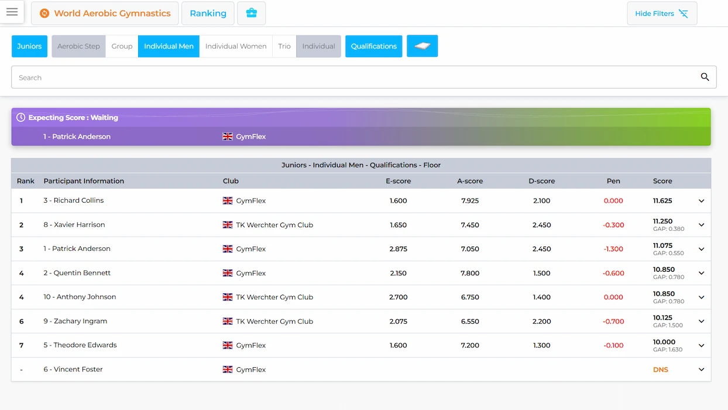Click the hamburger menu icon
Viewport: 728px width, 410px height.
tap(12, 12)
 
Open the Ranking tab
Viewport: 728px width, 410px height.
tap(208, 13)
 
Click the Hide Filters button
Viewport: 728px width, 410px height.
tap(662, 13)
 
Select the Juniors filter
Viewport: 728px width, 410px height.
tap(29, 46)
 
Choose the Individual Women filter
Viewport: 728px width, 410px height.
tap(236, 46)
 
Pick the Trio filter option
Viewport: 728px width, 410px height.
tap(284, 46)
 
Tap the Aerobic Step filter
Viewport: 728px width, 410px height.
tap(78, 46)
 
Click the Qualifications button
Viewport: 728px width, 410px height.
tap(374, 46)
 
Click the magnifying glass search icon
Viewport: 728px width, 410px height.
tap(705, 77)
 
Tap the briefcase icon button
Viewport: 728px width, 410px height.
tap(252, 13)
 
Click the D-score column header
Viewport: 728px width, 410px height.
tap(541, 181)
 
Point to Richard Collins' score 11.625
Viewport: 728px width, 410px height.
tap(662, 201)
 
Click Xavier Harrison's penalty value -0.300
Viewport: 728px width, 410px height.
tap(613, 225)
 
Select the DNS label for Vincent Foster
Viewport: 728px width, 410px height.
tap(660, 370)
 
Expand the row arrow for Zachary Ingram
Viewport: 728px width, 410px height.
tap(701, 321)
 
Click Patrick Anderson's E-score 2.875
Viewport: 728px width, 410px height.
tap(398, 249)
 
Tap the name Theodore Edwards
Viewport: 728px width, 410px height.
tap(85, 345)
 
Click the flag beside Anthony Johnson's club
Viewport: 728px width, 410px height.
tap(228, 297)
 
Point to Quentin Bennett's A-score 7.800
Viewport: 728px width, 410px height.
tap(469, 273)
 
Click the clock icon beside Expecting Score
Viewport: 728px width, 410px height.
tap(21, 118)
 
